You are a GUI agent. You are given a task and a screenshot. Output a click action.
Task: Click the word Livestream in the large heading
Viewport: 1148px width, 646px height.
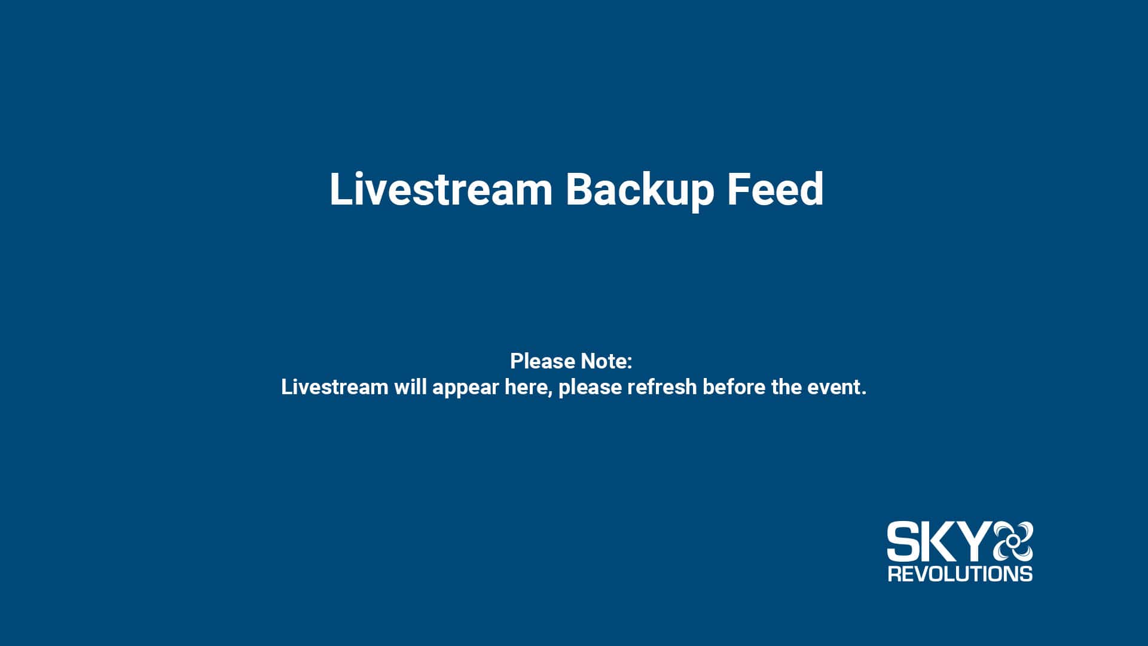(x=441, y=189)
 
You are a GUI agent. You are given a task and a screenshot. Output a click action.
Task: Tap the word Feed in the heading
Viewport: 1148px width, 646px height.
(x=775, y=189)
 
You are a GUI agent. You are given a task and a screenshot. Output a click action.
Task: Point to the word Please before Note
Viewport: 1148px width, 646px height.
(x=542, y=361)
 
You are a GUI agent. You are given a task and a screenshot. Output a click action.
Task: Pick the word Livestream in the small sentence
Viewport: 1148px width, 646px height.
(x=335, y=387)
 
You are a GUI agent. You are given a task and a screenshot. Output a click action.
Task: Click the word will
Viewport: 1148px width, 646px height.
(x=410, y=387)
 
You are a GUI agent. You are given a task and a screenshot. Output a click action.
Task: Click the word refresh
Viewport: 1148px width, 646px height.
(x=662, y=387)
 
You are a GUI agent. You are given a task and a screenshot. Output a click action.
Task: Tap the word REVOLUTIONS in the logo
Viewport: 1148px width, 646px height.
(x=960, y=574)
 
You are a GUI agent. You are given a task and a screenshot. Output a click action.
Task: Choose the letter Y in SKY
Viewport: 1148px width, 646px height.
(x=975, y=541)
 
